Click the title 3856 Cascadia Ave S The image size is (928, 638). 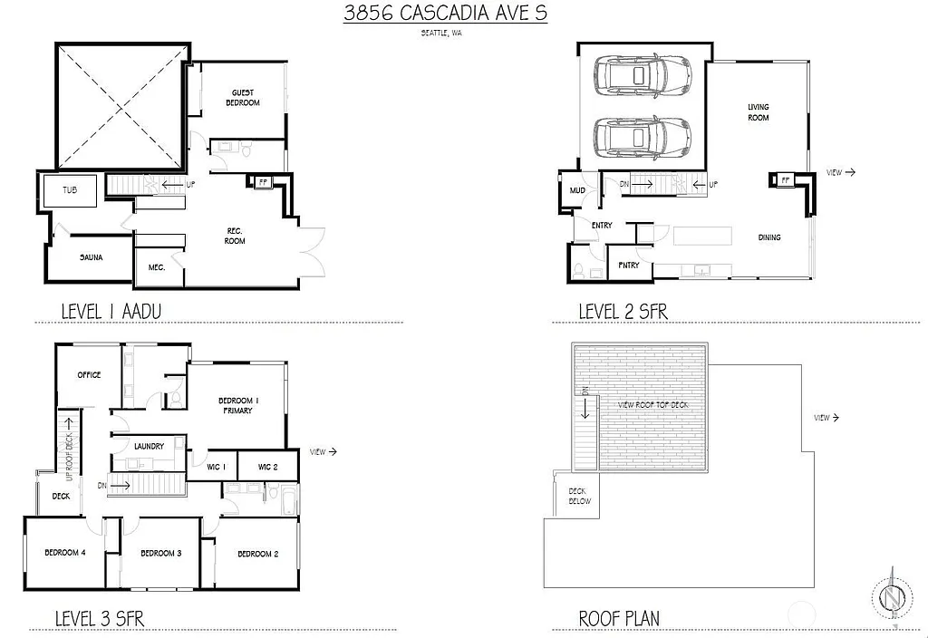click(445, 14)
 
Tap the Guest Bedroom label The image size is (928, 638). click(243, 98)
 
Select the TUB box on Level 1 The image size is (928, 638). click(70, 191)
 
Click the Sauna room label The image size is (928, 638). click(91, 257)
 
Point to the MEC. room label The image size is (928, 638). click(157, 267)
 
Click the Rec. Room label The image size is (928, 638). click(235, 236)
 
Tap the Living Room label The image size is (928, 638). click(758, 112)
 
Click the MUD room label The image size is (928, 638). click(577, 191)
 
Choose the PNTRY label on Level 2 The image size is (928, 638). click(628, 266)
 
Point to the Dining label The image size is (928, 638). click(769, 237)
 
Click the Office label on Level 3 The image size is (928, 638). click(89, 375)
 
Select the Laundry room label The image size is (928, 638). click(148, 446)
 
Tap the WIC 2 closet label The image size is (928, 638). click(267, 467)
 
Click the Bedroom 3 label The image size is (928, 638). click(160, 554)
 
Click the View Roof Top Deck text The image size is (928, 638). click(652, 404)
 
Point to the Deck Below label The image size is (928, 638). click(579, 496)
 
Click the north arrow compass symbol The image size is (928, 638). click(892, 599)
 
